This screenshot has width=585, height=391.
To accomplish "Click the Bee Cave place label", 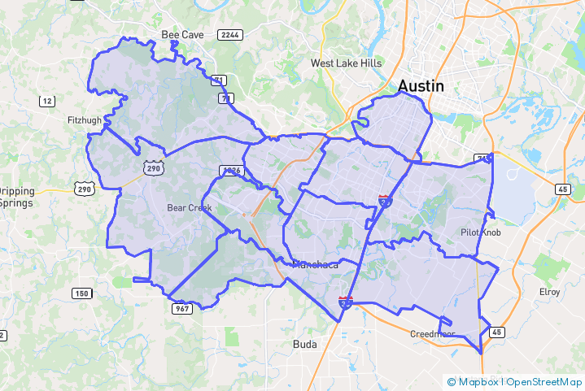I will [180, 35].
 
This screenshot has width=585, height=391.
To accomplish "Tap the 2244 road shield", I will [229, 35].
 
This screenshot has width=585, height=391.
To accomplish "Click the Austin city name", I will [421, 85].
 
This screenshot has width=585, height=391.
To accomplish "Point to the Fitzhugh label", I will [85, 120].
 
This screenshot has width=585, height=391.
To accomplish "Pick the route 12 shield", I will [47, 101].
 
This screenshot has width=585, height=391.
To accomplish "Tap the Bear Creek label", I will [189, 208].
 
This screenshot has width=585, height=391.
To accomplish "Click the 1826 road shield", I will [232, 171].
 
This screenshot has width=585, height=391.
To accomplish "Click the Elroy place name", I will [550, 292].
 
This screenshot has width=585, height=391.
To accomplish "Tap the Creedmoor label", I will [432, 333].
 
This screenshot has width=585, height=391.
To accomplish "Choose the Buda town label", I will [304, 344].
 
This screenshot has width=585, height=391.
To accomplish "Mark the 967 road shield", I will [181, 308].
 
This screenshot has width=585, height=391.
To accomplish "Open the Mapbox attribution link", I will [477, 381].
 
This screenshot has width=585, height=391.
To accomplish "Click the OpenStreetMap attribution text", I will [544, 381].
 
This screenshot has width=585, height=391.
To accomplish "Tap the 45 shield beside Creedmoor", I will [496, 332].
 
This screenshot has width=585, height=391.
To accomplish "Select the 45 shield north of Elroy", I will [563, 189].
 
